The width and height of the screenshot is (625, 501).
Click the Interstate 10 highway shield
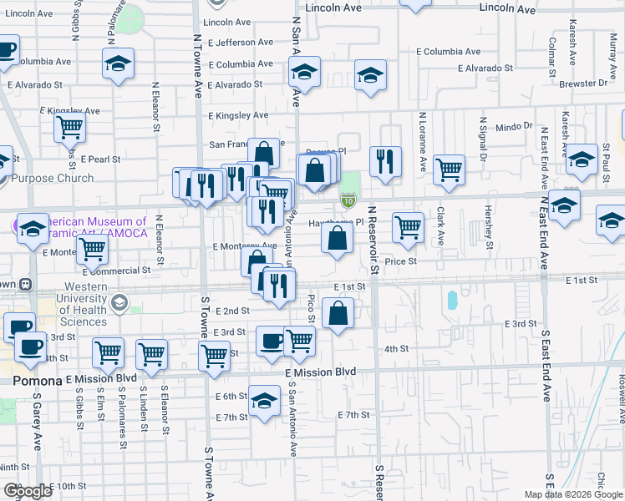tap(348, 200)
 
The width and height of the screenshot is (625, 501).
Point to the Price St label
tap(400, 261)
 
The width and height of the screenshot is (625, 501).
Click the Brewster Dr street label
tap(585, 83)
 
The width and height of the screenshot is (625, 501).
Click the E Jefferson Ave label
tap(241, 42)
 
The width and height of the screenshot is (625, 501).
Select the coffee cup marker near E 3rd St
tap(272, 341)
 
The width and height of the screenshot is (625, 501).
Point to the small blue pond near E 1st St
tap(452, 300)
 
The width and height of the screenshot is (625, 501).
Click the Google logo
tap(27, 492)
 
